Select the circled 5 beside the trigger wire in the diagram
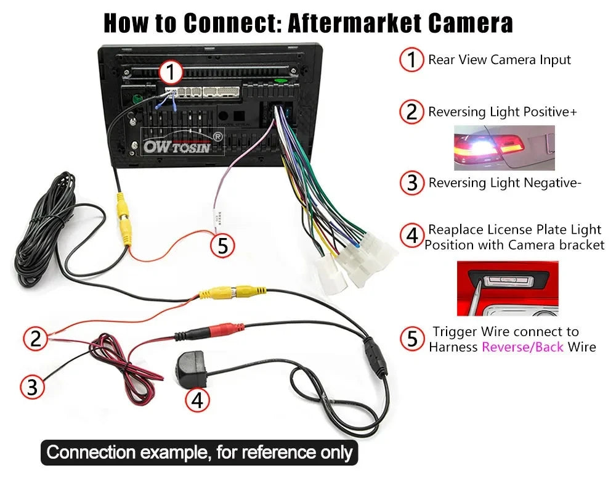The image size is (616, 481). coord(223,246)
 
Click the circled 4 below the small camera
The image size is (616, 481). coord(197,400)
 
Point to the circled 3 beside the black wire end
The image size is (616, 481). coord(33,387)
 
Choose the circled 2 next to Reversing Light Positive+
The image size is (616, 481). coord(411,112)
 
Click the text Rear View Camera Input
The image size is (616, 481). coord(500,60)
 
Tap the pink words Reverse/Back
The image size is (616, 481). coord(522,347)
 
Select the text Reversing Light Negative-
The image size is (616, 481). coord(505,183)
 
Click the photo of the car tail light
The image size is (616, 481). coord(504,147)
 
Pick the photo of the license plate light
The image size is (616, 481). coord(507,288)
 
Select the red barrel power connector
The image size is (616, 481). coord(222,331)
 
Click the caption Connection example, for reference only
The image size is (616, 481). coord(199,453)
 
